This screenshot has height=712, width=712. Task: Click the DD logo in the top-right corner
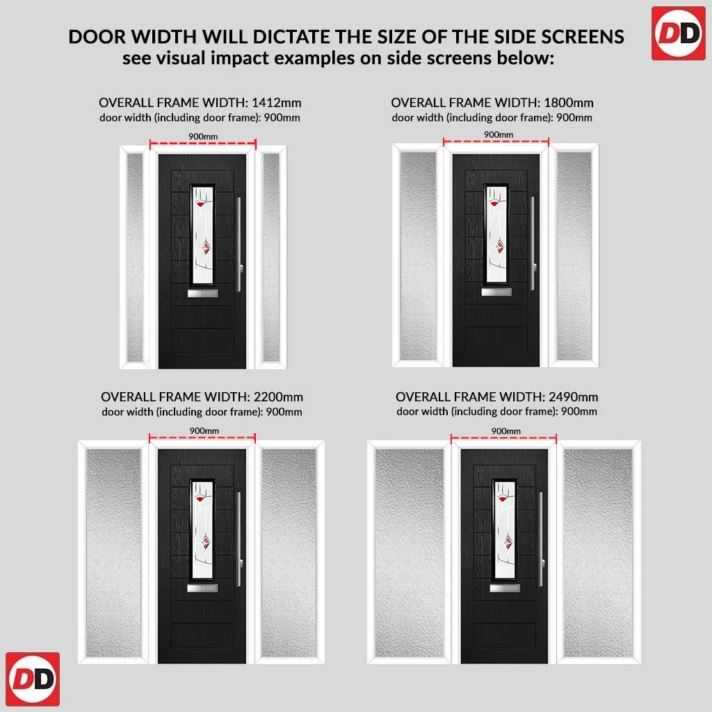pyautogui.click(x=679, y=33)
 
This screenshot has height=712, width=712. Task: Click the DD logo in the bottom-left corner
pyautogui.click(x=33, y=679)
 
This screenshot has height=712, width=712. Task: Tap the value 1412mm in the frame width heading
pyautogui.click(x=277, y=103)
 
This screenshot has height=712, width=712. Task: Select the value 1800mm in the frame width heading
pyautogui.click(x=569, y=103)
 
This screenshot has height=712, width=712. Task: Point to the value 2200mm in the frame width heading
pyautogui.click(x=278, y=397)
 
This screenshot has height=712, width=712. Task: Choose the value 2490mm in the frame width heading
pyautogui.click(x=573, y=397)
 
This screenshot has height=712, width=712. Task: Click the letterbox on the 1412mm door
pyautogui.click(x=202, y=293)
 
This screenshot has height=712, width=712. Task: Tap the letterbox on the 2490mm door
pyautogui.click(x=505, y=588)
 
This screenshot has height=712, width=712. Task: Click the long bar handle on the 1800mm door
pyautogui.click(x=533, y=243)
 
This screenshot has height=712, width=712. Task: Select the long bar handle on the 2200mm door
pyautogui.click(x=239, y=539)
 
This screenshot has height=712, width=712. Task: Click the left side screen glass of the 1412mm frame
pyautogui.click(x=135, y=257)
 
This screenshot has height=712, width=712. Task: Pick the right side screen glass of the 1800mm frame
pyautogui.click(x=574, y=256)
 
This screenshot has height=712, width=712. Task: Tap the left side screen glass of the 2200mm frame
pyautogui.click(x=113, y=553)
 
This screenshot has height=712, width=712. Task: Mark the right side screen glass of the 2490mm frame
pyautogui.click(x=597, y=553)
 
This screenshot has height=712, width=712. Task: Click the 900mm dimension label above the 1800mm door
pyautogui.click(x=498, y=134)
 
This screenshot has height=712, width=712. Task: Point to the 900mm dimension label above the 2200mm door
pyautogui.click(x=204, y=430)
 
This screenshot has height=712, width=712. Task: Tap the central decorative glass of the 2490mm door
pyautogui.click(x=505, y=529)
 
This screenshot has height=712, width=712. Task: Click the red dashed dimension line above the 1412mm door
pyautogui.click(x=203, y=144)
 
